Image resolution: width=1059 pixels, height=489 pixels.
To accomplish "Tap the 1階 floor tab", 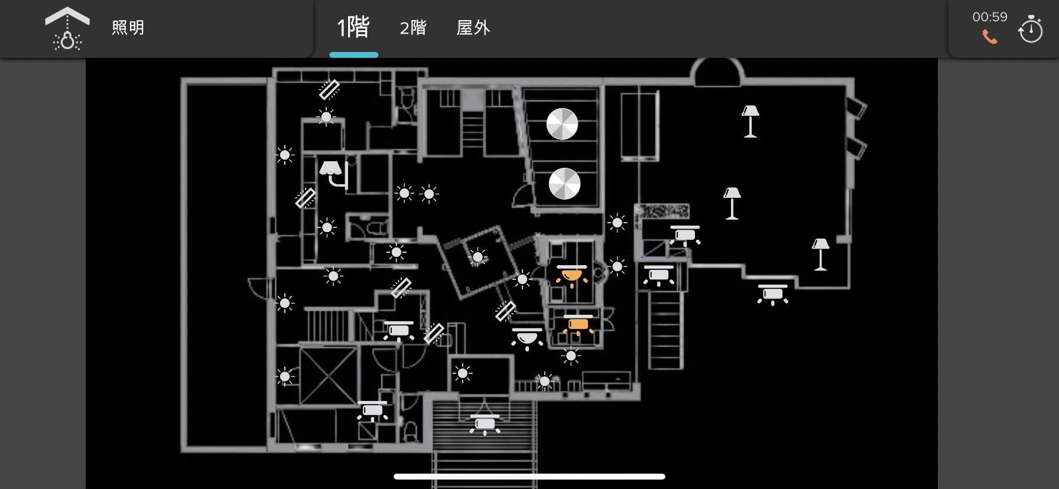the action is (353, 28).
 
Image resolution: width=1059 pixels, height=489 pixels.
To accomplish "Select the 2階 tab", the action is (412, 28).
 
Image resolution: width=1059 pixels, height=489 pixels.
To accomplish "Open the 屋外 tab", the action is (473, 28).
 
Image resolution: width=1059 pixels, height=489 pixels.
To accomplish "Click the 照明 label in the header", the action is (128, 28).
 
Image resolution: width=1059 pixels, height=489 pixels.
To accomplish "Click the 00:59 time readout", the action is (989, 17).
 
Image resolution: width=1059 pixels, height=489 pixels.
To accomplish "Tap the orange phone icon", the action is (989, 37).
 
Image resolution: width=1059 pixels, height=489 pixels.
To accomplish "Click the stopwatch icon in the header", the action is (1030, 29).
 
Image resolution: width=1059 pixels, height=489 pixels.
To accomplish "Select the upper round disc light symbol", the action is (562, 124).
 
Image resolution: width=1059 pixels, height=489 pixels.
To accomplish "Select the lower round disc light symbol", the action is (564, 184).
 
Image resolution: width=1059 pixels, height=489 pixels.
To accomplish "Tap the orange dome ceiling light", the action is (571, 275).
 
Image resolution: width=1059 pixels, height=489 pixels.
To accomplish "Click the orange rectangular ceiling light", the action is (578, 324).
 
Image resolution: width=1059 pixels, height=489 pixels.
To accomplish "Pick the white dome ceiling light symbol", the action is (527, 338).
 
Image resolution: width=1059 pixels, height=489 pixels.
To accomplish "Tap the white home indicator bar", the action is (529, 477).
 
